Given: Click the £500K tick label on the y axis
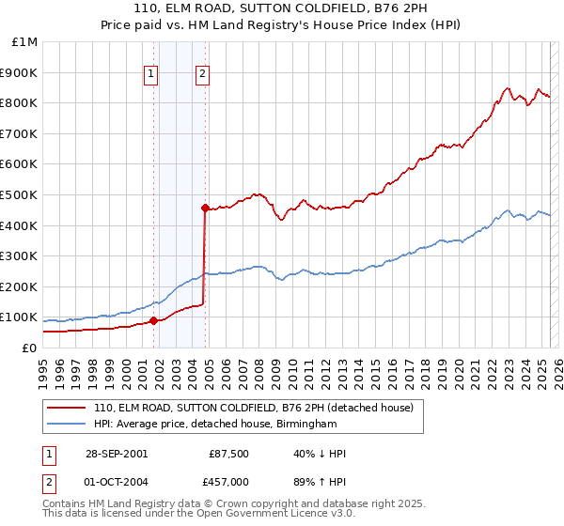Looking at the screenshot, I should [20, 194].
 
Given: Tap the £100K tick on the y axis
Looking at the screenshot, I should [20, 317].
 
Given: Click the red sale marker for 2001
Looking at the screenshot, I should [153, 321].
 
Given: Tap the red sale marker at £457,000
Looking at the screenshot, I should [204, 208].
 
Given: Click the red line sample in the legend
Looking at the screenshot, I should [66, 408].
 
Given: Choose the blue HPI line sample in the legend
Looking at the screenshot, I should [66, 425].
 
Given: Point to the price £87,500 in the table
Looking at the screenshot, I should [228, 454].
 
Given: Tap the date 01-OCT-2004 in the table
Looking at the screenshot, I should [116, 481].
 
